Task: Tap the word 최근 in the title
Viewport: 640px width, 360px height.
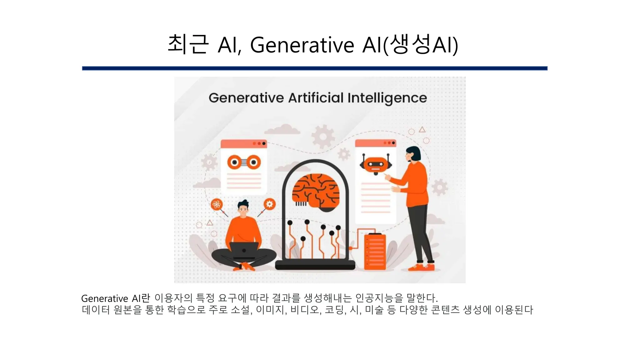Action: [188, 45]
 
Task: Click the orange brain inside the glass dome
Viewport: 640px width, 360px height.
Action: [316, 191]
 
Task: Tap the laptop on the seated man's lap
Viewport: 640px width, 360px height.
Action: [244, 250]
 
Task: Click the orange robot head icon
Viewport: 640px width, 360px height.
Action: [376, 164]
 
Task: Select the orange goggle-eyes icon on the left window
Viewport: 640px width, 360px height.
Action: [244, 162]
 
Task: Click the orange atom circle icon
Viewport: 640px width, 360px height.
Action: [217, 205]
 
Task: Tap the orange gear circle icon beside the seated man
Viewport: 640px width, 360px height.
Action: [269, 204]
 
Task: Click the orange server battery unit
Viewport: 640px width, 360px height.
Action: [375, 252]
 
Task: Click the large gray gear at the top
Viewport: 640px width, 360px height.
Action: [323, 137]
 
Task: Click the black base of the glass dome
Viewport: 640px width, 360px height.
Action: [315, 265]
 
